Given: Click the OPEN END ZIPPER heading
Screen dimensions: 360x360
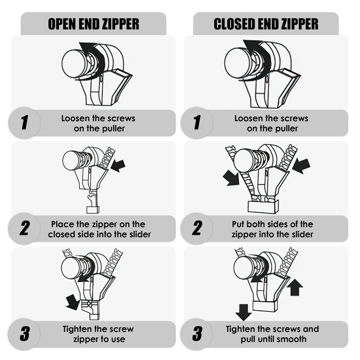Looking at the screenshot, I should [93, 24].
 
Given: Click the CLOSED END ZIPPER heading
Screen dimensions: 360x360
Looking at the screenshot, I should [266, 24].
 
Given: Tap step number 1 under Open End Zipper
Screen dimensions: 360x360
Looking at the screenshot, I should [24, 123].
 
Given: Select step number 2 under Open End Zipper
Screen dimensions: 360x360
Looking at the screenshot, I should [24, 229].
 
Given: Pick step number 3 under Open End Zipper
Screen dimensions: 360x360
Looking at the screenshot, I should [24, 334].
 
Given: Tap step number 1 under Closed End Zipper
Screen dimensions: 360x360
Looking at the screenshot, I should [197, 123].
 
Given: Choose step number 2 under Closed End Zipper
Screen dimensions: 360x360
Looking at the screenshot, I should [197, 229].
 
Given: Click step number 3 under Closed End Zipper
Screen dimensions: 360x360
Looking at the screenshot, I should [197, 334].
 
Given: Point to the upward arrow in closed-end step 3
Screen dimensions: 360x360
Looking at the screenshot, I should [294, 287].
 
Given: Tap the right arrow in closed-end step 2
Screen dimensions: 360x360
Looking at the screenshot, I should [301, 166].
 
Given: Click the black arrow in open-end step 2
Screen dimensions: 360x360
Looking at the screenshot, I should [118, 165].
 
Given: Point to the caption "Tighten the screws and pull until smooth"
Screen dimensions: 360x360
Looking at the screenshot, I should [272, 334].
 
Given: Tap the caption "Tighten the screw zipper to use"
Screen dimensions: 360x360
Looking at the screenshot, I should [98, 334].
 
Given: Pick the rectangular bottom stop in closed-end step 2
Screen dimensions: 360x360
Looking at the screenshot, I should [263, 207].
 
